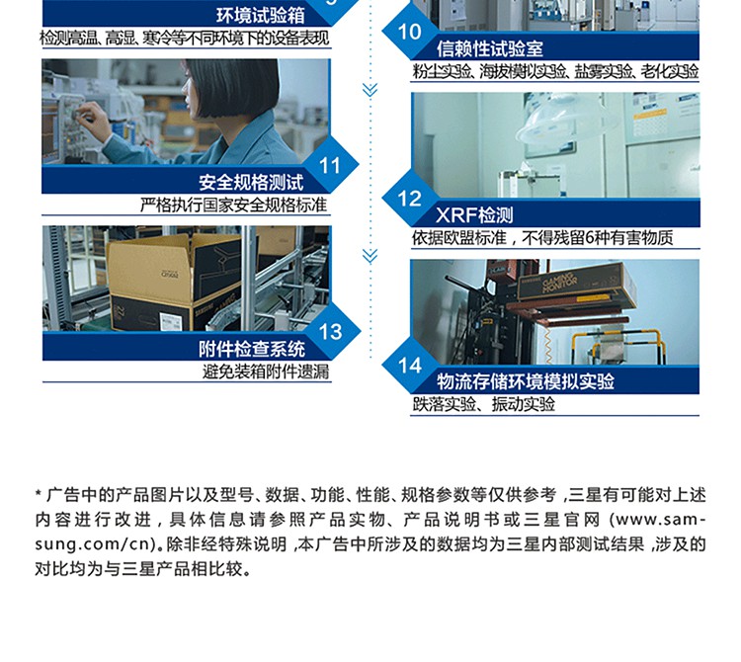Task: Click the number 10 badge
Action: tap(409, 33)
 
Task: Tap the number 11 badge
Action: tap(330, 165)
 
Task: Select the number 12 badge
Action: tap(409, 199)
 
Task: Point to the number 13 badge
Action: tap(330, 332)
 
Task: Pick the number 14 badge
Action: tap(409, 366)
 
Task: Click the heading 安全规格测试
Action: tap(251, 183)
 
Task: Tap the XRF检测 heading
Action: tap(474, 215)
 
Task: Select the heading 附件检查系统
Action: tap(251, 349)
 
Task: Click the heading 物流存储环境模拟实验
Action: tap(526, 381)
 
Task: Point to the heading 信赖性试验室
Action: tap(490, 48)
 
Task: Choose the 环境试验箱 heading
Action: tap(261, 16)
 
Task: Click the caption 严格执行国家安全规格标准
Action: tap(233, 206)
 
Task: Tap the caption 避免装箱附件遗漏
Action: tap(266, 372)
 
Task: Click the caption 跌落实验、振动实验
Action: tap(483, 404)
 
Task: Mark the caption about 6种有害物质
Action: tap(542, 238)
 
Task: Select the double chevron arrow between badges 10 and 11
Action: tap(370, 90)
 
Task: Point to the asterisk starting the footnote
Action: tap(39, 494)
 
